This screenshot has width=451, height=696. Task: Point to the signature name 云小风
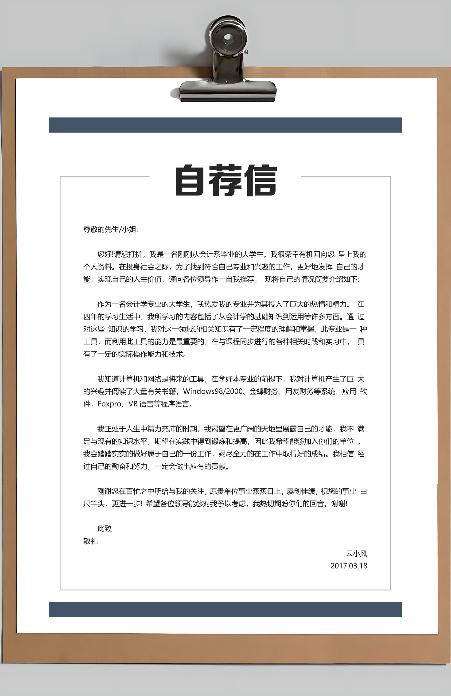pyautogui.click(x=356, y=554)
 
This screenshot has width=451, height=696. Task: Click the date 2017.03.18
pyautogui.click(x=349, y=566)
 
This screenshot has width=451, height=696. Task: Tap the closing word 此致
pyautogui.click(x=104, y=528)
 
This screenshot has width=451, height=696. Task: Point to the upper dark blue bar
pyautogui.click(x=225, y=125)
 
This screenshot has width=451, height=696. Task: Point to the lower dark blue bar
pyautogui.click(x=225, y=610)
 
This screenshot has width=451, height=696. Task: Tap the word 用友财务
pyautogui.click(x=299, y=391)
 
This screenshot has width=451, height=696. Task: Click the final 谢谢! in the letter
pyautogui.click(x=339, y=504)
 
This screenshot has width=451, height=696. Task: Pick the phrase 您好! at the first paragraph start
pyautogui.click(x=105, y=254)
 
